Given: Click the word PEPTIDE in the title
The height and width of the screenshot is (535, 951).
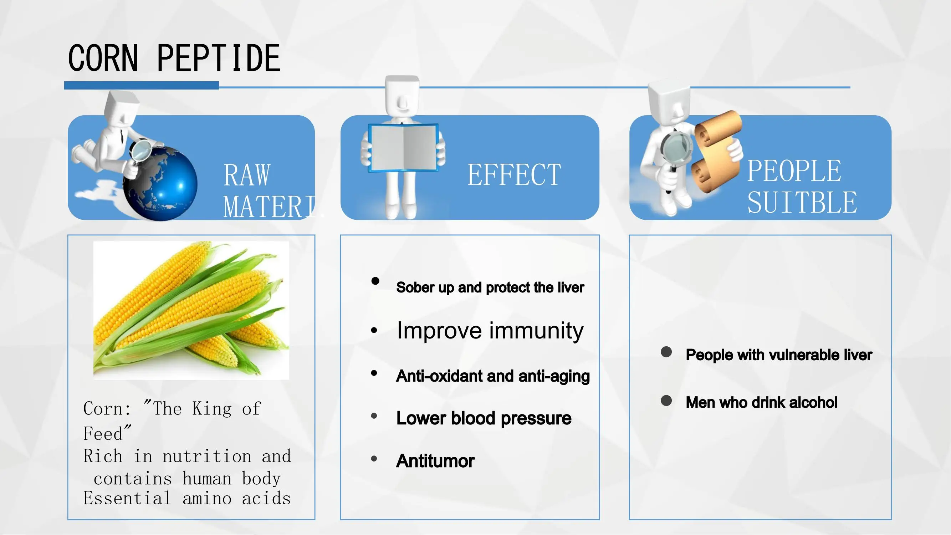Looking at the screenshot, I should click(x=219, y=58).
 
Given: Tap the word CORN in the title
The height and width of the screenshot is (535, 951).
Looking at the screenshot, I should click(x=103, y=58).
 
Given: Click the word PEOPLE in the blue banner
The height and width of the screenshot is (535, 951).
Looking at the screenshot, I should click(x=794, y=170).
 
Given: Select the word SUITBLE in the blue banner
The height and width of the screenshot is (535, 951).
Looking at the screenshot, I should click(x=802, y=202).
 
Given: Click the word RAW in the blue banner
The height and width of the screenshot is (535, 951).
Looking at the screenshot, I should click(x=247, y=175).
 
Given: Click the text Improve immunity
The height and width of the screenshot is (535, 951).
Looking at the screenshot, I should click(x=490, y=331).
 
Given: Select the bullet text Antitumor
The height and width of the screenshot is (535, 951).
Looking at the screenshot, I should click(x=435, y=461).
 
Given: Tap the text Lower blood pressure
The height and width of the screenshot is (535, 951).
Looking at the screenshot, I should click(x=484, y=418).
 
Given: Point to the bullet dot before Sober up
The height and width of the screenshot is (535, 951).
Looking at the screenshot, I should click(x=375, y=281).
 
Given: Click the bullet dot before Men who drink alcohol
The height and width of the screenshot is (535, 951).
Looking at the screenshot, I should click(x=666, y=401).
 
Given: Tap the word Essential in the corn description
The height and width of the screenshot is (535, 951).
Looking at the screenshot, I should click(x=127, y=499).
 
